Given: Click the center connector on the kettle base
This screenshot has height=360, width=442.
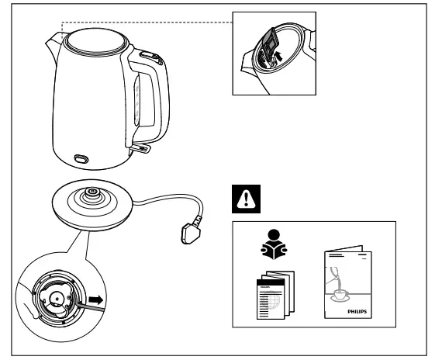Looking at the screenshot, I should [92, 192].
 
